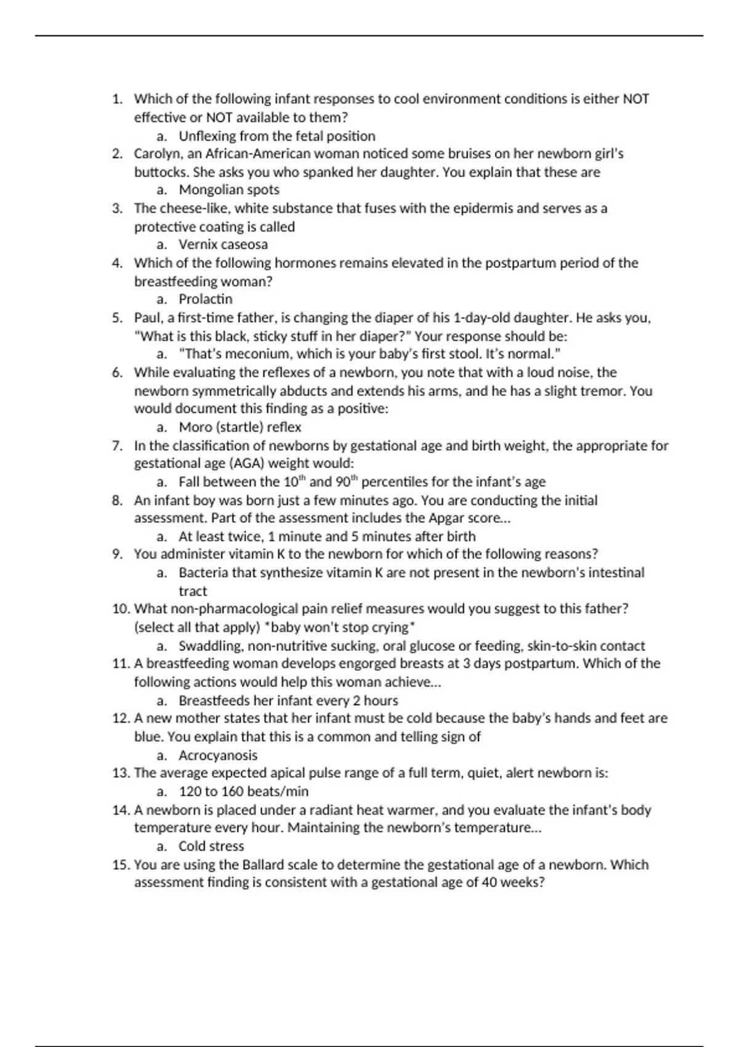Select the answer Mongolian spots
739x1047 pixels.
(229, 190)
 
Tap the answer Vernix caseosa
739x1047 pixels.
(223, 245)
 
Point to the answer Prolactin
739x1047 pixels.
(206, 299)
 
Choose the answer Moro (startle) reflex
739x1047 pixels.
(240, 427)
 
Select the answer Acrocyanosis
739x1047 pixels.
(218, 756)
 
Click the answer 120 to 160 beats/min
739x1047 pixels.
(244, 791)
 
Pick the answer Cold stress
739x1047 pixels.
(211, 846)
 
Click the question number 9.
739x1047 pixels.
(118, 554)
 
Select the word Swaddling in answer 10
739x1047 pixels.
(208, 646)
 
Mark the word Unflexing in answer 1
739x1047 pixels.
(207, 136)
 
